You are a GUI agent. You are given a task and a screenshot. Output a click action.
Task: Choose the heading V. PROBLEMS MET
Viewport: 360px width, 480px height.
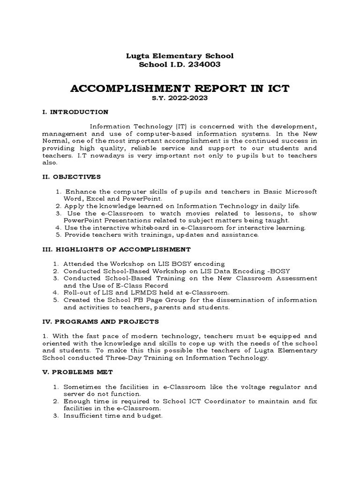click(x=75, y=373)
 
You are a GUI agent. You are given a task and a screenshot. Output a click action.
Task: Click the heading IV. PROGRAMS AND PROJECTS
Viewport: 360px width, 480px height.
click(x=100, y=322)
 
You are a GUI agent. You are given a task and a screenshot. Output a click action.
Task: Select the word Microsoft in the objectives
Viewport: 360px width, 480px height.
click(x=301, y=191)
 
